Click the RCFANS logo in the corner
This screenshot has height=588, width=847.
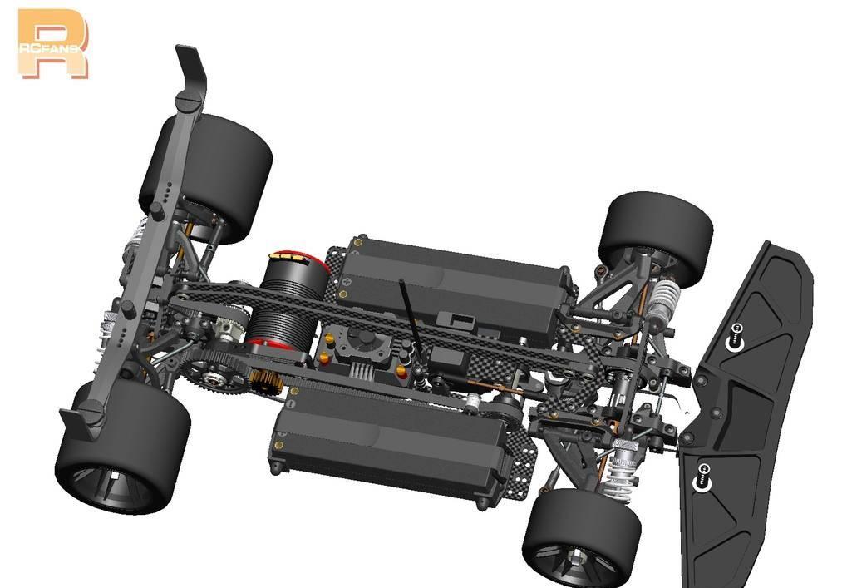(x=52, y=44)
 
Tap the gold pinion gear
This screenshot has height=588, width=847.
(x=267, y=381)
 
